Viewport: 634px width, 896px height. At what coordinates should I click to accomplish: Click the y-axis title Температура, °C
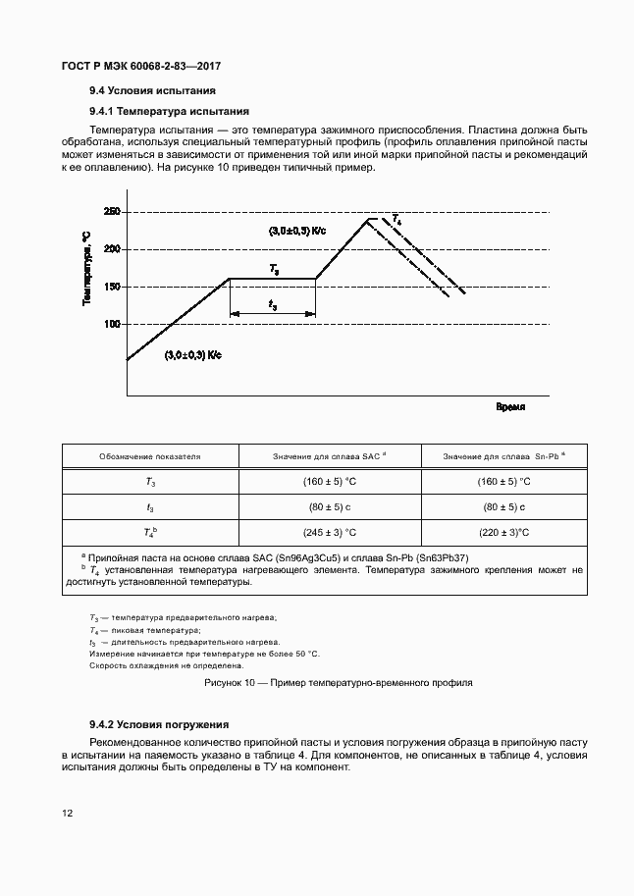pos(86,269)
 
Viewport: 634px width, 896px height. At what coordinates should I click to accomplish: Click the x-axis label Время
pos(509,405)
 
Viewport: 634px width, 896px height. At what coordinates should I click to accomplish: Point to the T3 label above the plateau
pos(274,268)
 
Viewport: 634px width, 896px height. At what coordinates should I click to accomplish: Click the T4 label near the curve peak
pos(396,219)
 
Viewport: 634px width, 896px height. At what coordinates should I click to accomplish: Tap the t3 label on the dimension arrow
pos(272,305)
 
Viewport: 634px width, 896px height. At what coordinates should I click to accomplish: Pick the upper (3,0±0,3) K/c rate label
pos(297,231)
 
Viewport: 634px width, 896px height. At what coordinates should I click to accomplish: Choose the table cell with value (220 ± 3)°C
pos(504,533)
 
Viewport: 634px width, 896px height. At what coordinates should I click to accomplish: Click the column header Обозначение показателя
pos(150,456)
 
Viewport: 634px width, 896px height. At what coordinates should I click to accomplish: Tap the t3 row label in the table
pos(150,507)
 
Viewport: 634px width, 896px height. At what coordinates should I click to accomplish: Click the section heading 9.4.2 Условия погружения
pos(158,723)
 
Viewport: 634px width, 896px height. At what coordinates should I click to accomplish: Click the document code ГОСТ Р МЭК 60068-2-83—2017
pos(141,66)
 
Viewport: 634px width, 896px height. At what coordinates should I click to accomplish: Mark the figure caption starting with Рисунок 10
pos(338,681)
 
